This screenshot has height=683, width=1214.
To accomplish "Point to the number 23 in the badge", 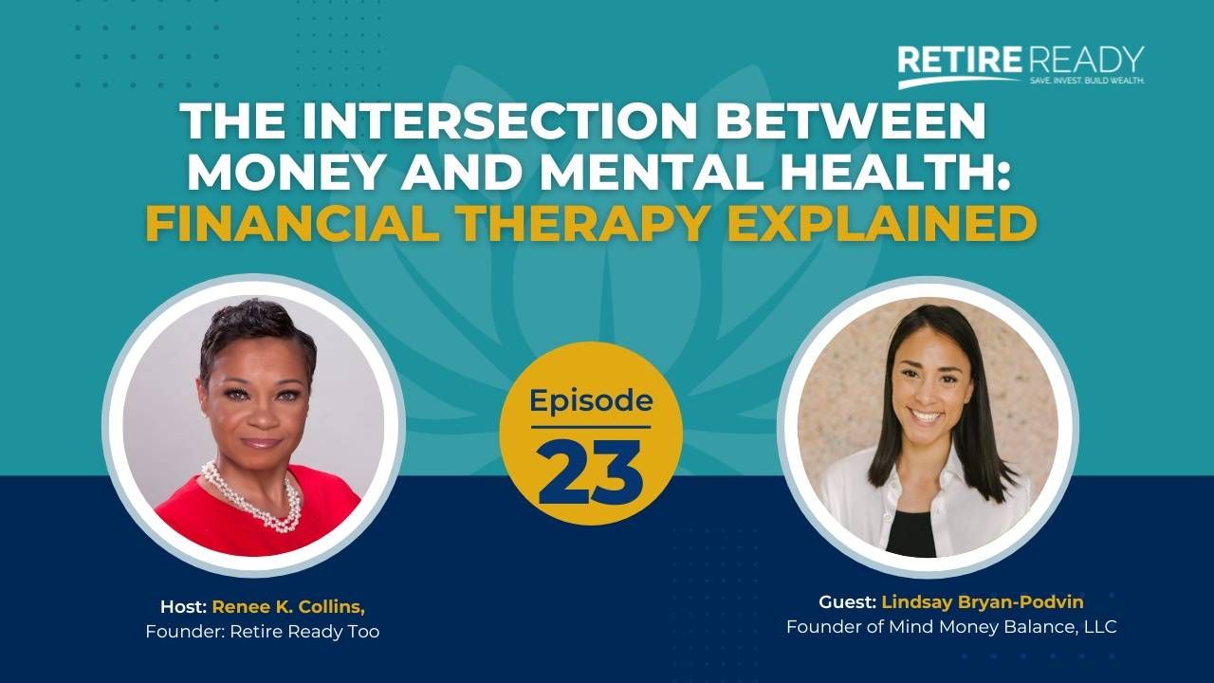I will coord(590,471).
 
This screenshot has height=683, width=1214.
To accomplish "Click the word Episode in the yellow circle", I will coord(590,400).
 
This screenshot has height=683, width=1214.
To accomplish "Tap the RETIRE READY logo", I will coord(1021,61).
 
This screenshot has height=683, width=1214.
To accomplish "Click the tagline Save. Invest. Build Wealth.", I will coord(1087,82).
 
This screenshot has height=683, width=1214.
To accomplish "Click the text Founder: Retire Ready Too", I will coord(263,631).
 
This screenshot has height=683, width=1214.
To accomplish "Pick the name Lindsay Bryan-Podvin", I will coord(983,602).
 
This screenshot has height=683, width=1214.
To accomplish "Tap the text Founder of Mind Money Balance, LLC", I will coord(951,627).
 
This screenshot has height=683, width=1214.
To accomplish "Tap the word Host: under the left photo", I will coord(183,606).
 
